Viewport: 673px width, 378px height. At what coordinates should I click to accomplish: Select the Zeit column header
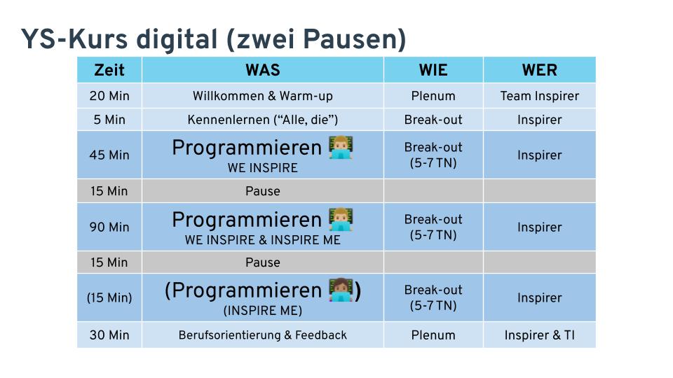109,70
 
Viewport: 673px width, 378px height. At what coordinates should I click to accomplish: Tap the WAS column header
263,70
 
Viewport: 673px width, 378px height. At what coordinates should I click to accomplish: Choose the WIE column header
433,70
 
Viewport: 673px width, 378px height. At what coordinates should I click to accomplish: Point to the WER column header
540,70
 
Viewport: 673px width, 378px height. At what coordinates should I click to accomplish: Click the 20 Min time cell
109,96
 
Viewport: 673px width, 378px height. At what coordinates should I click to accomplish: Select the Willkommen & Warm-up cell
263,96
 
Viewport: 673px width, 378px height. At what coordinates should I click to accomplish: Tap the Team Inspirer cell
540,96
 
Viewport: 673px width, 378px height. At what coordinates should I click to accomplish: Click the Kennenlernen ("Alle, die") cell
263,120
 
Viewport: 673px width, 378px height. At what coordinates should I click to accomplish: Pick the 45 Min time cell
109,155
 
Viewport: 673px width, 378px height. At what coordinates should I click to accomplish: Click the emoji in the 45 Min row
341,148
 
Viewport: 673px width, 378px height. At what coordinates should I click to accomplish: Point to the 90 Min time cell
109,227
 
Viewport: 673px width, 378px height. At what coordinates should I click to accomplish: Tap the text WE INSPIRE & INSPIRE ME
263,240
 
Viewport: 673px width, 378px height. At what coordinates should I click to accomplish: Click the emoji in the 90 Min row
341,219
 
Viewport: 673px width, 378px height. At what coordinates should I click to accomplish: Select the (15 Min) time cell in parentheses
109,297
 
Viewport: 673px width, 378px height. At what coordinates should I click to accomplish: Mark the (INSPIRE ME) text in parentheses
263,310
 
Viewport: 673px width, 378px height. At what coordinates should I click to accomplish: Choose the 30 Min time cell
109,335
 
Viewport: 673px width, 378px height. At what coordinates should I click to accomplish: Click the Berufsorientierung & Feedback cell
263,335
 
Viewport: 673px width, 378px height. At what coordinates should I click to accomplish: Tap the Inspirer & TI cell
540,335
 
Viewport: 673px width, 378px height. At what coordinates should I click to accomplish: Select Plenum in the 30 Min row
433,335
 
